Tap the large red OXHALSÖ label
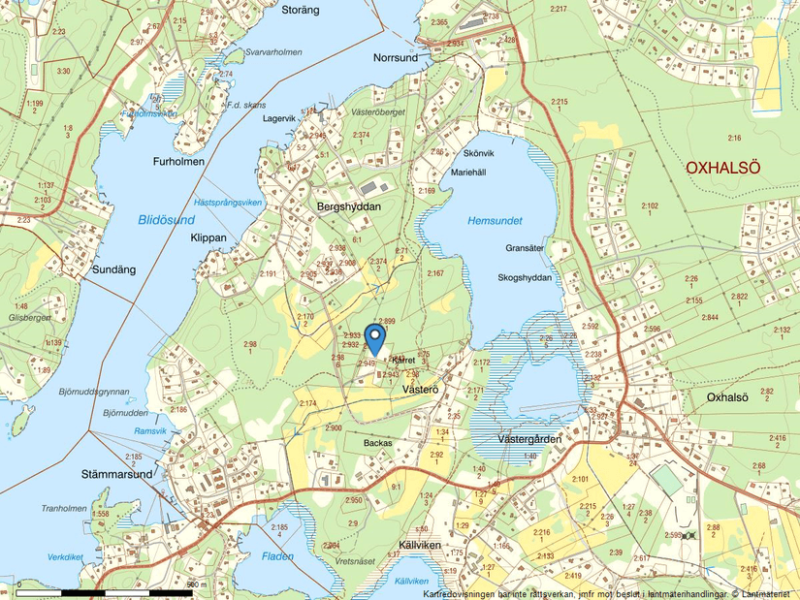(722, 168)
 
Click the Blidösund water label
(166, 219)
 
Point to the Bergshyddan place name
(349, 207)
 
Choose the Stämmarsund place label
(116, 475)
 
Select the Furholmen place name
(178, 162)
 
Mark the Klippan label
(208, 237)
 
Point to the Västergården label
(529, 439)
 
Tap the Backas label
(377, 443)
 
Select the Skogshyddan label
(525, 277)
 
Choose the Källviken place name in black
(419, 547)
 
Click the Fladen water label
(277, 556)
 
